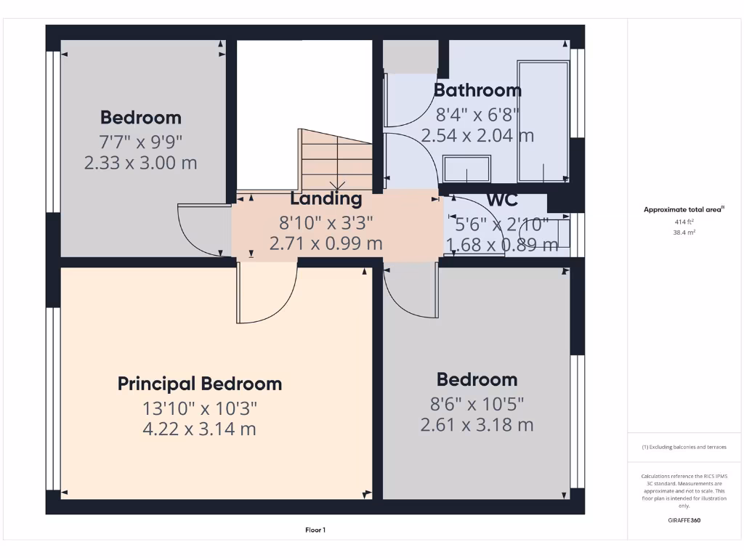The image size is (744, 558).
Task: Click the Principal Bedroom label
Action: pyautogui.click(x=200, y=384)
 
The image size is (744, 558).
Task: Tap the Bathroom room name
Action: pyautogui.click(x=477, y=90)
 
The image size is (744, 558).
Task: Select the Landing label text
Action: pyautogui.click(x=325, y=198)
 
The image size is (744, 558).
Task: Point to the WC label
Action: pyautogui.click(x=502, y=199)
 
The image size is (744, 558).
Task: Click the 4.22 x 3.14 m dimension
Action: pyautogui.click(x=200, y=429)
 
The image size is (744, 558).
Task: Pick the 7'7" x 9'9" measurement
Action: pyautogui.click(x=141, y=140)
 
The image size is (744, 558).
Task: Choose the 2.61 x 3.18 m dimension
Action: pyautogui.click(x=477, y=424)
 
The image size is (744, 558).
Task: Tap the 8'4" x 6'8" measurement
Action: pyautogui.click(x=477, y=114)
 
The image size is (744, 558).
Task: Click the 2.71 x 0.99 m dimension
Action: pyautogui.click(x=325, y=243)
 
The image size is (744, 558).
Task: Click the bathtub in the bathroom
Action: pyautogui.click(x=543, y=121)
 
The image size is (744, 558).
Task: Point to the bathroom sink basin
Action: pyautogui.click(x=466, y=169)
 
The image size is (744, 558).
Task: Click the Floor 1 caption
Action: pyautogui.click(x=315, y=530)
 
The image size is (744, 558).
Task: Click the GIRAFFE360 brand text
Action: pyautogui.click(x=684, y=520)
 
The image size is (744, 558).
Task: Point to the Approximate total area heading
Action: pyautogui.click(x=684, y=210)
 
